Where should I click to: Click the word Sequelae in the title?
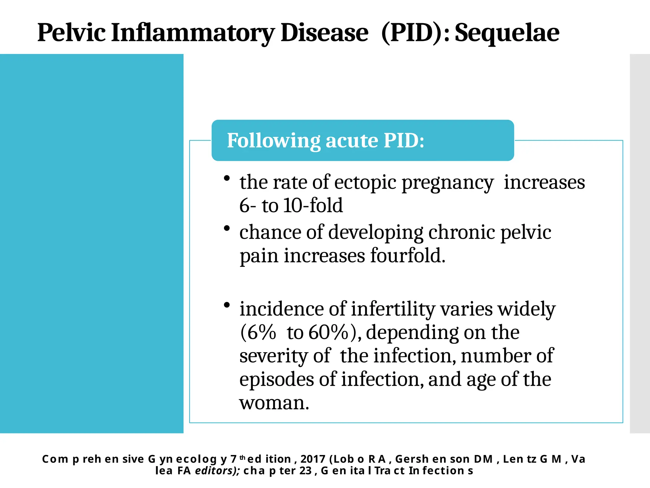pyautogui.click(x=507, y=33)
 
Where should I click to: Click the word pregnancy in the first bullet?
pyautogui.click(x=448, y=183)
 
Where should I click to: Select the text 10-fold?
pyautogui.click(x=313, y=205)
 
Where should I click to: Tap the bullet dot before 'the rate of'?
pyautogui.click(x=227, y=178)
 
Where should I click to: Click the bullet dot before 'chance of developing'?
pyautogui.click(x=227, y=228)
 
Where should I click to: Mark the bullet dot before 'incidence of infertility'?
pyautogui.click(x=227, y=305)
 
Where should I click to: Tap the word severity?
pyautogui.click(x=274, y=356)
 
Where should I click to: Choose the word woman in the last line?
pyautogui.click(x=274, y=403)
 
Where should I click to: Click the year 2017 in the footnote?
pyautogui.click(x=313, y=459)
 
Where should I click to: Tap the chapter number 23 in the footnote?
pyautogui.click(x=305, y=471)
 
